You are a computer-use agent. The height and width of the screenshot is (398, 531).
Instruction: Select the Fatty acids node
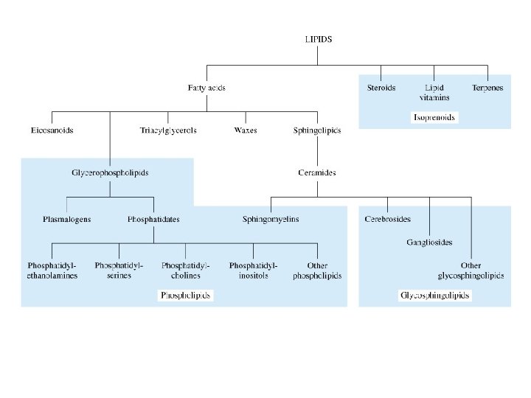tap(206, 88)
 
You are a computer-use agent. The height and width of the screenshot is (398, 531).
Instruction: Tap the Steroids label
tap(381, 88)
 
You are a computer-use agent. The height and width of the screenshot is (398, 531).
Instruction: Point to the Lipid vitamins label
tap(434, 92)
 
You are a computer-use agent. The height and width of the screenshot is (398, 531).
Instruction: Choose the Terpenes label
tap(487, 88)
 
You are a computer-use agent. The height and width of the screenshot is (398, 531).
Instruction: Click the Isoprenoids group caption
tap(434, 118)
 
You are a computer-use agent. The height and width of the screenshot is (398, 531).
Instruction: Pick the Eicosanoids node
tap(52, 130)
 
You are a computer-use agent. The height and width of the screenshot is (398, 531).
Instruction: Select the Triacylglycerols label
tap(168, 130)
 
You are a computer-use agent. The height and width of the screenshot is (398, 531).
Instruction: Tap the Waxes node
tap(245, 130)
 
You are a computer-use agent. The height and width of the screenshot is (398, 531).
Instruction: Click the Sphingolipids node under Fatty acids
tap(317, 130)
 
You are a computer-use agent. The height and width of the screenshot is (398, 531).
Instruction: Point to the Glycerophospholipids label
tap(110, 173)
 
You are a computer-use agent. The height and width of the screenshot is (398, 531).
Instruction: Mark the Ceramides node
tap(317, 173)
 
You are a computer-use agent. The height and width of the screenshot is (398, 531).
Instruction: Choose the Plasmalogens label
tap(66, 219)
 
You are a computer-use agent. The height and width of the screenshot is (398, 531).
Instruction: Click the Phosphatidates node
tap(153, 219)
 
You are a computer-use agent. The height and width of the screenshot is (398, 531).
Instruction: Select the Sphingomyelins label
tap(271, 219)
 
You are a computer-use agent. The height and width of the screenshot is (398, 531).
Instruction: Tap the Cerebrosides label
tap(387, 219)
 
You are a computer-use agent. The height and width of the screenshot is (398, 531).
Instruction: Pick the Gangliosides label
tap(429, 242)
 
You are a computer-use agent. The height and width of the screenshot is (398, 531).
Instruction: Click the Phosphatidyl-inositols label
tap(253, 270)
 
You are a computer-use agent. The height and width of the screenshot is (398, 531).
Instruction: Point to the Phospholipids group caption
tap(186, 296)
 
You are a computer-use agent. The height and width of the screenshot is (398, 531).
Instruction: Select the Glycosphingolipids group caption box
tap(434, 296)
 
